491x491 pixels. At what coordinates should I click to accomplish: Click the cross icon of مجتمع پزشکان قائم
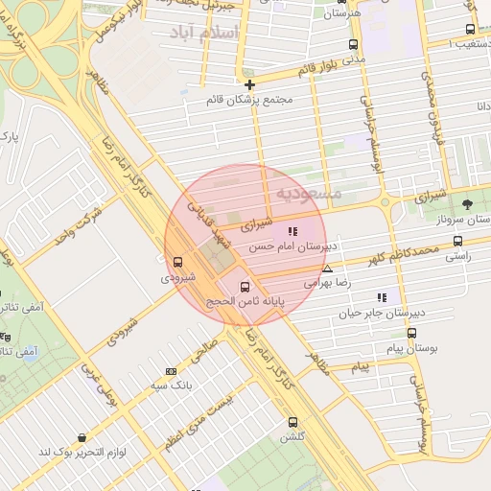250,84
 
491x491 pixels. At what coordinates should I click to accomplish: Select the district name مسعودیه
309,193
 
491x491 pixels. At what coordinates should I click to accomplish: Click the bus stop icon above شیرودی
177,262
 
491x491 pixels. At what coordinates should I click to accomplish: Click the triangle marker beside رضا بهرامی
328,269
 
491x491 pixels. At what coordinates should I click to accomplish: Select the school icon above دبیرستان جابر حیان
383,297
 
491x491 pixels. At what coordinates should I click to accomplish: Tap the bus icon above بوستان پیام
411,333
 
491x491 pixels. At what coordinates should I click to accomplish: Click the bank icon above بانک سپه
172,371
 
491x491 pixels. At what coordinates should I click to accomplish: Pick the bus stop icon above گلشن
292,422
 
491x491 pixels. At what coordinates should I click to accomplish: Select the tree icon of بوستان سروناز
467,203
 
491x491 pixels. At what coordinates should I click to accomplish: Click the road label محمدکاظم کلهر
403,256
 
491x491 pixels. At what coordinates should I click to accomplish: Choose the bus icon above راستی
457,242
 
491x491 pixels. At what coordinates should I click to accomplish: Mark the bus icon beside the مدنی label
353,44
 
